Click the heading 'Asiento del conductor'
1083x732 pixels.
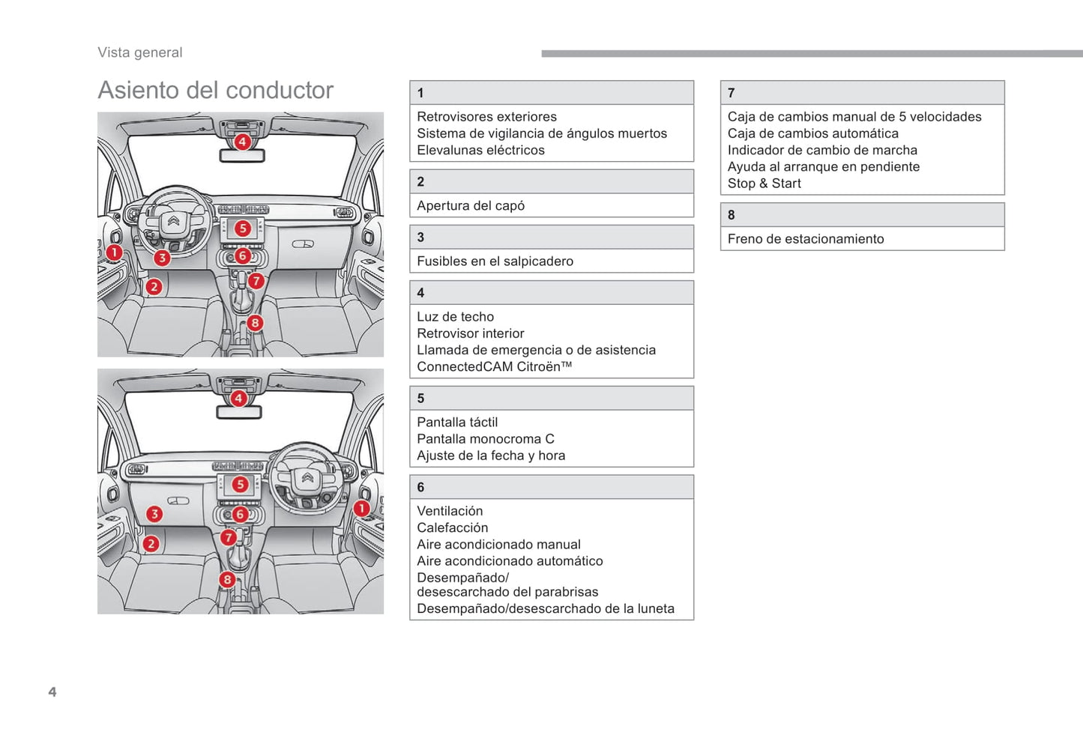pos(215,90)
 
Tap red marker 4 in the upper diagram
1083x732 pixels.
pos(242,142)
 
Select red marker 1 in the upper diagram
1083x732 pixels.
pos(114,252)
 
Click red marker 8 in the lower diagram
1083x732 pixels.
pos(227,579)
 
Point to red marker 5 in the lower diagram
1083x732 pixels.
pos(240,484)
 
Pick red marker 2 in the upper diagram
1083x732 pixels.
pos(154,286)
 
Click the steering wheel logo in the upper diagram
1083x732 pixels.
pos(173,221)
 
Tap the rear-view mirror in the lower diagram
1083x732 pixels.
pos(238,413)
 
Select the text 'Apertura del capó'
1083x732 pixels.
pos(471,205)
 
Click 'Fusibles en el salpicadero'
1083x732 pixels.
pos(495,261)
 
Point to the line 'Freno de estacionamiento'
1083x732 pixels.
pos(806,238)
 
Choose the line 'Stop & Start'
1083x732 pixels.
pos(764,183)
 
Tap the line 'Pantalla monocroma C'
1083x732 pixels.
pos(485,438)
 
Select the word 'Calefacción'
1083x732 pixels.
pos(452,527)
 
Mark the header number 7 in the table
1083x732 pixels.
pos(731,93)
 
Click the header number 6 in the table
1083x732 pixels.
pos(420,487)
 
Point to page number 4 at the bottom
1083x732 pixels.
pos(52,692)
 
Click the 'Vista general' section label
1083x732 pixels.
pos(140,52)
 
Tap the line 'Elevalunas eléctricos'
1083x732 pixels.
pos(480,150)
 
